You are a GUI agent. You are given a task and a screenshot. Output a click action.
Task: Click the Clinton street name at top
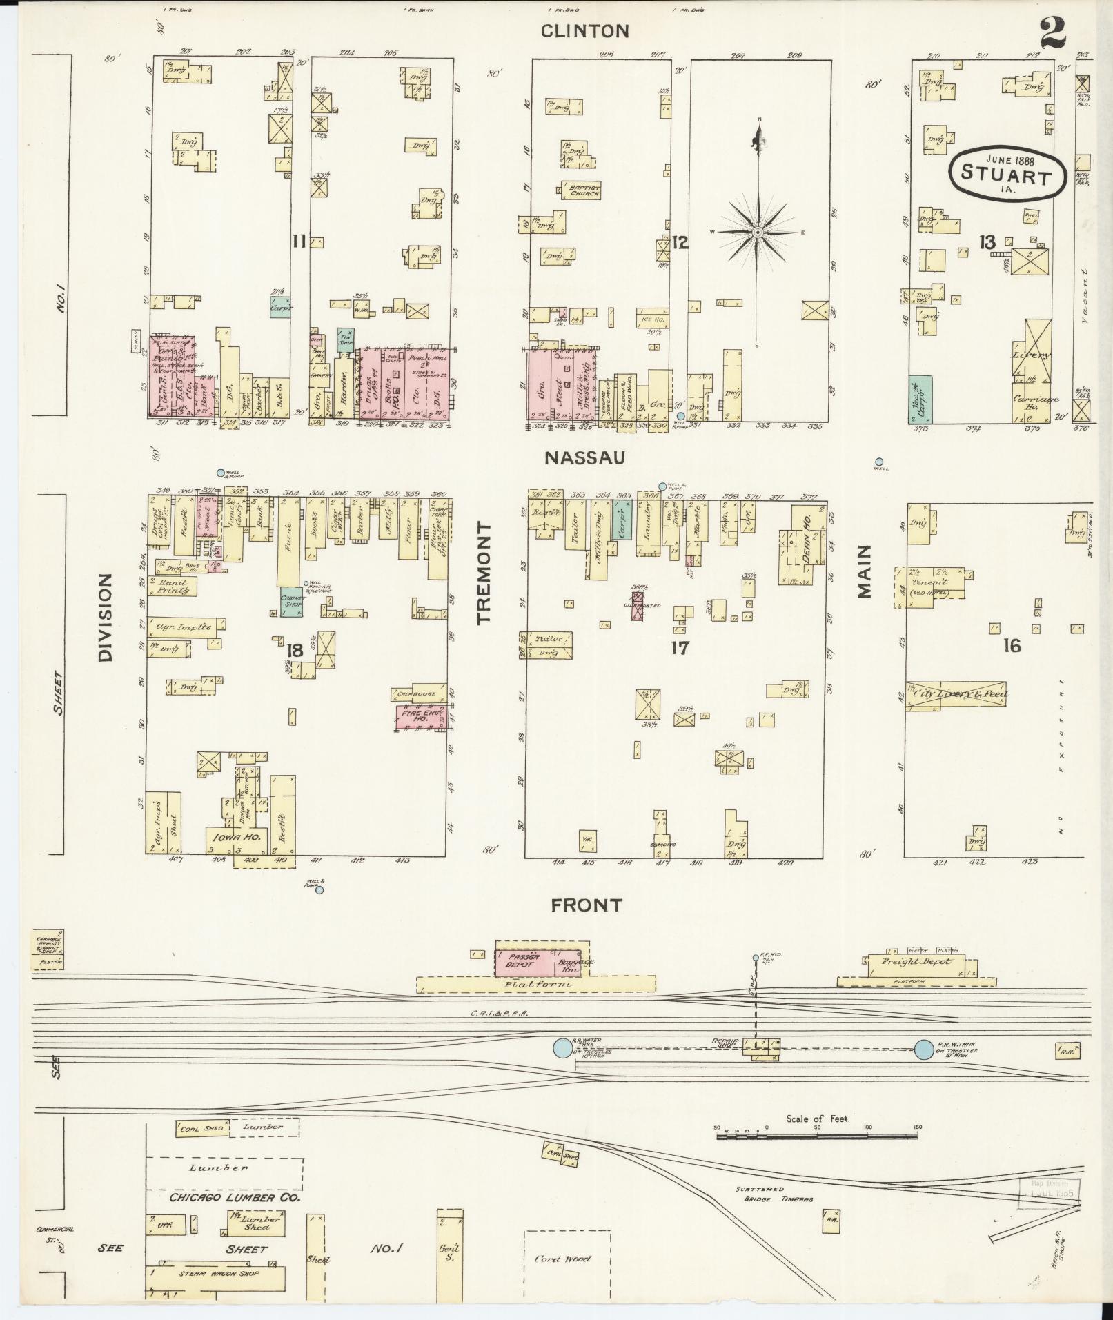click(584, 31)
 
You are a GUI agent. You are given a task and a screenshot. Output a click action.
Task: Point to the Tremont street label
click(485, 573)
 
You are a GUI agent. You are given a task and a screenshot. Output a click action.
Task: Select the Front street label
click(587, 905)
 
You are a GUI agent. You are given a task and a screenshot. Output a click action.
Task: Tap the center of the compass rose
click(758, 233)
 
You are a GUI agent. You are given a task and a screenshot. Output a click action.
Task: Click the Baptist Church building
click(580, 190)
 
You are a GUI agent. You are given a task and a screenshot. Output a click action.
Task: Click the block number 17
click(680, 647)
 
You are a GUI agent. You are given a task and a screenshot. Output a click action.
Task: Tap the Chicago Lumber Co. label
click(235, 1197)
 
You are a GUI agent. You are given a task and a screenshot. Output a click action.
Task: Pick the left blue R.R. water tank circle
click(562, 1068)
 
